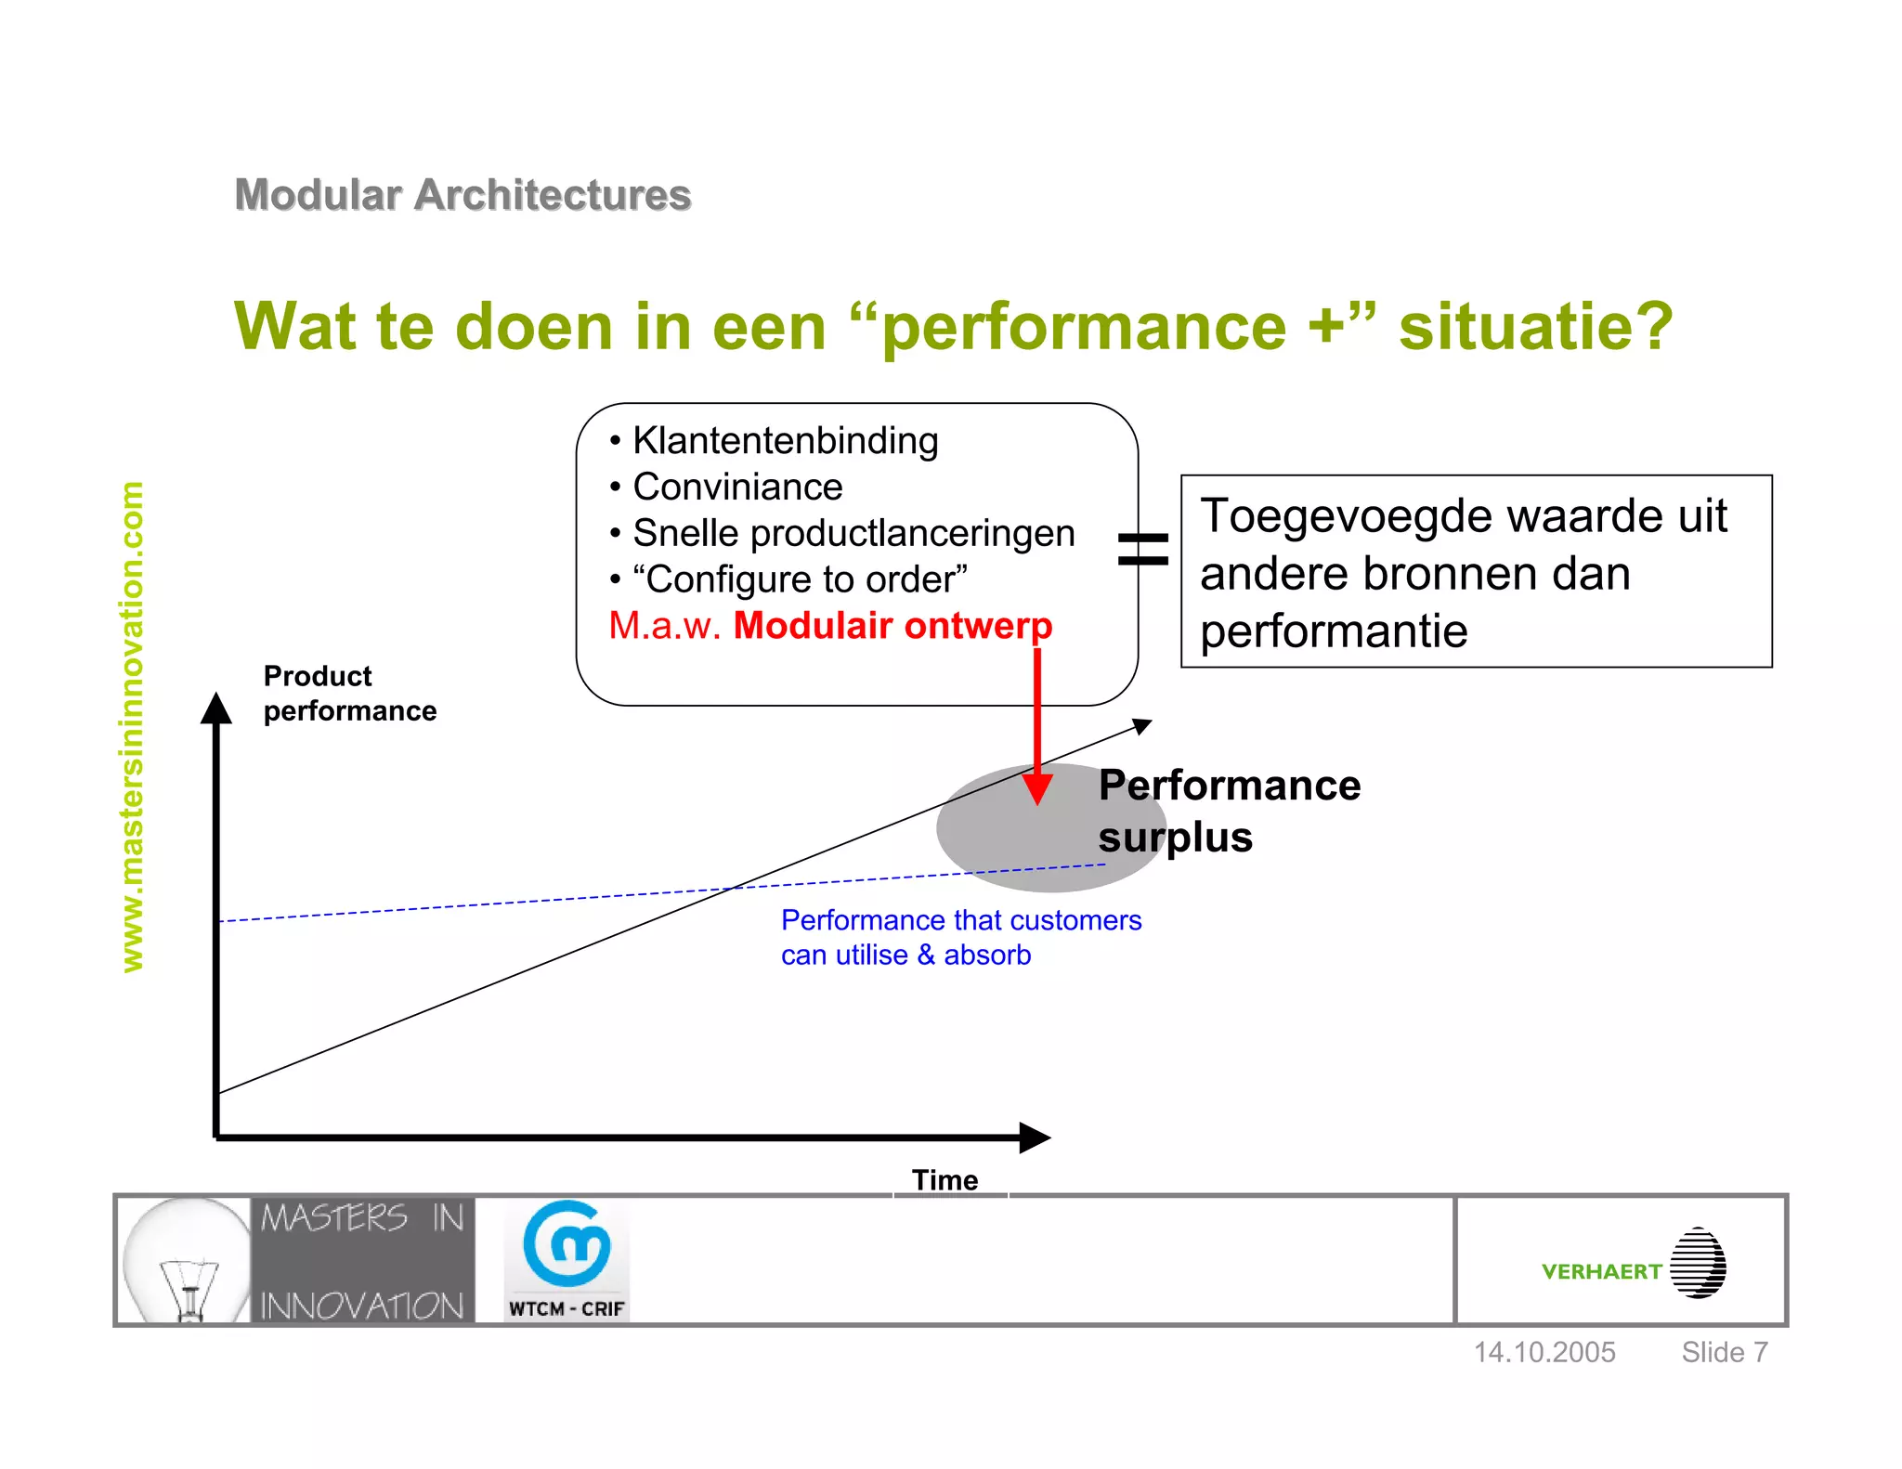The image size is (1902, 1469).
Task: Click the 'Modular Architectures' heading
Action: coord(462,195)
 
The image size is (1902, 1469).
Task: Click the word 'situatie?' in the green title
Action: coord(1535,327)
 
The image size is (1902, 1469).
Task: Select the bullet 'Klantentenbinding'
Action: coord(785,441)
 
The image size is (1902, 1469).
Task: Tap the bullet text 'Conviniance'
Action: coord(737,487)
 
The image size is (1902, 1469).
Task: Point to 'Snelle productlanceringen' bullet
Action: coord(853,533)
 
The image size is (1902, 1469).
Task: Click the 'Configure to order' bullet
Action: coord(800,579)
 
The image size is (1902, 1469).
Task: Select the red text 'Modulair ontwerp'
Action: coord(892,626)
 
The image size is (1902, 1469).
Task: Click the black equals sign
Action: coord(1142,548)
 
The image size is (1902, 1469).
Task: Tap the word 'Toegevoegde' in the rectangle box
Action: coord(1333,516)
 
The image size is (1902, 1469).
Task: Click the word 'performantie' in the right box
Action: coord(1334,631)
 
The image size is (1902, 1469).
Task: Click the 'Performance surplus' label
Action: coord(1228,811)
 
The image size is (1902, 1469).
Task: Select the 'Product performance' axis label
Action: coord(349,694)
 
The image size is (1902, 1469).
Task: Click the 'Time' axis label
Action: coord(944,1179)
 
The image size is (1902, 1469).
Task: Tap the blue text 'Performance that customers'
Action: coord(960,920)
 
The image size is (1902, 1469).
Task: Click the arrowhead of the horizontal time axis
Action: coord(1034,1137)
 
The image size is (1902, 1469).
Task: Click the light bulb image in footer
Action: coord(187,1260)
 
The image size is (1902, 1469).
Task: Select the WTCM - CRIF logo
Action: coord(567,1260)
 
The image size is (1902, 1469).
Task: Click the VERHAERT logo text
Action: coord(1601,1271)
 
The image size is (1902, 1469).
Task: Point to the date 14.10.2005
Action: coord(1544,1352)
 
